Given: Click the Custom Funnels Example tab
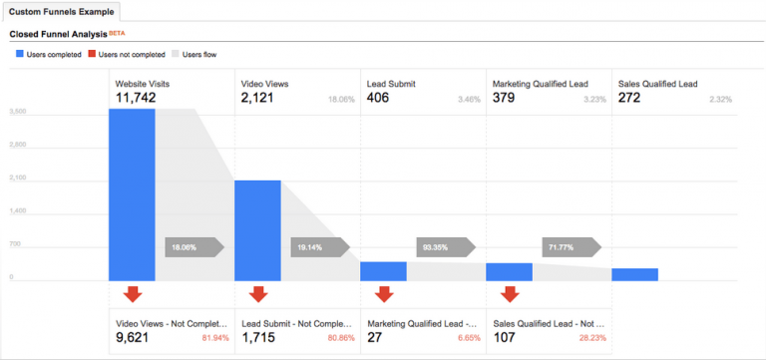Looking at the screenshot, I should pyautogui.click(x=62, y=12).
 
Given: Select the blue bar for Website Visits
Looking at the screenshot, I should pyautogui.click(x=132, y=194).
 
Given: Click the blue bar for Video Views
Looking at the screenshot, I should pyautogui.click(x=257, y=230).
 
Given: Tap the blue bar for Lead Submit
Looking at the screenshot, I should pyautogui.click(x=383, y=271).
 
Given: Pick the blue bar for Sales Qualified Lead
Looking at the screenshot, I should pyautogui.click(x=634, y=274).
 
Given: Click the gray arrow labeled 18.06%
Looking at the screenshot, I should pyautogui.click(x=192, y=245).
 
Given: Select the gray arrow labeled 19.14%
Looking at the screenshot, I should pyautogui.click(x=318, y=245).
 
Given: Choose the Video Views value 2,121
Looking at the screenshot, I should pyautogui.click(x=260, y=98).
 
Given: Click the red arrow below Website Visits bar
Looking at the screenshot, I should pyautogui.click(x=132, y=294).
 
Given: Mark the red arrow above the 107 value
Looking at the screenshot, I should pyautogui.click(x=509, y=294).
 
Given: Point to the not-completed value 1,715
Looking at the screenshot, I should pyautogui.click(x=258, y=338).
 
